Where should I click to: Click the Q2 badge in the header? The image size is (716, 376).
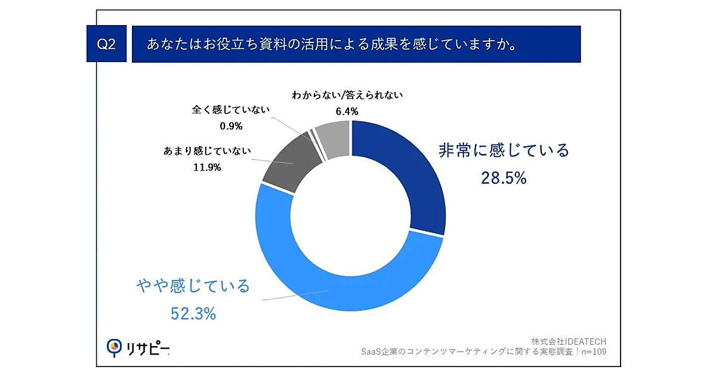click(x=106, y=45)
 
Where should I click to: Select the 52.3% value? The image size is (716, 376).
click(x=193, y=313)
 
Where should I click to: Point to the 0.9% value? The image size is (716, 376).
click(x=231, y=126)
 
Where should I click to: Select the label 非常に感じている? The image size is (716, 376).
click(x=504, y=150)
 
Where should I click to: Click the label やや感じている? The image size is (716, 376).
click(x=193, y=286)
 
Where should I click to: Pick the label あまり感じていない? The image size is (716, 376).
click(x=206, y=152)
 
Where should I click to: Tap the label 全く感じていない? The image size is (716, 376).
click(x=231, y=110)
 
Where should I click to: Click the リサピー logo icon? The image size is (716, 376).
click(x=113, y=347)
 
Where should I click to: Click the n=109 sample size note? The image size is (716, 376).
click(x=594, y=352)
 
